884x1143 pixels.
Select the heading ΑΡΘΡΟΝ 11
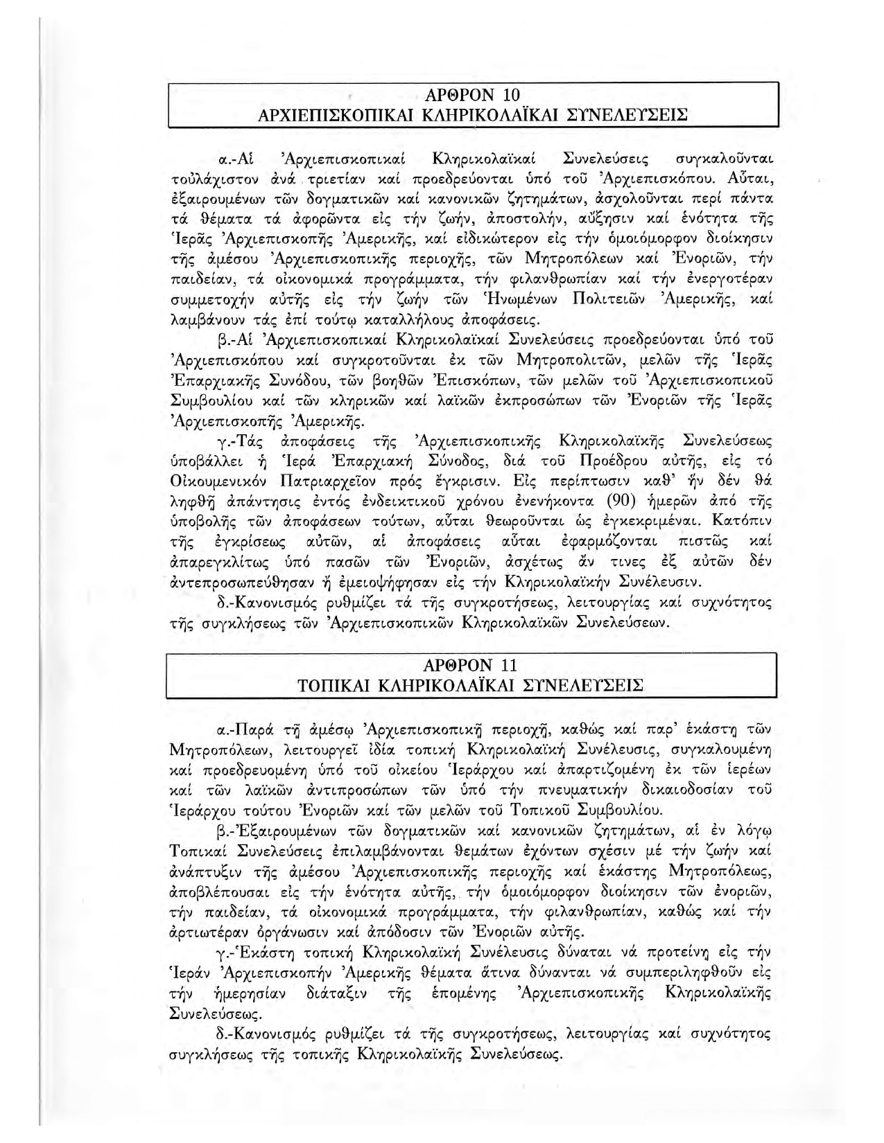pyautogui.click(x=471, y=666)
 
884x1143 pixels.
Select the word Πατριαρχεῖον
pyautogui.click(x=345, y=480)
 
